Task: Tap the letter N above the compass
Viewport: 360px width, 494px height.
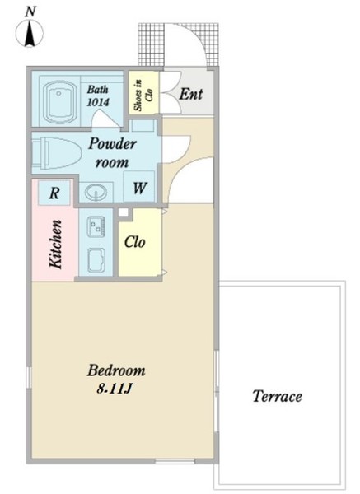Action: (x=30, y=12)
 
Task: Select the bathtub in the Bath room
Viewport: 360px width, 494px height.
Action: (x=60, y=102)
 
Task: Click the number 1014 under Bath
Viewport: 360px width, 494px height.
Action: (x=98, y=102)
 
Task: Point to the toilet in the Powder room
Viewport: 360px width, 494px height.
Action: (x=56, y=152)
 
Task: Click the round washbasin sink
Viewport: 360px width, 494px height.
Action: (x=96, y=192)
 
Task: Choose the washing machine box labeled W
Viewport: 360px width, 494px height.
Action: (x=139, y=187)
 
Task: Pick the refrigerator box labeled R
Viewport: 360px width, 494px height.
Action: (x=54, y=193)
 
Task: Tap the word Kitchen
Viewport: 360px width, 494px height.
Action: (x=55, y=245)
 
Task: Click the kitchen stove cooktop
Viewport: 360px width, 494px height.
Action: (x=96, y=226)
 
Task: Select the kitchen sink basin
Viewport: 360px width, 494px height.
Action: (x=96, y=260)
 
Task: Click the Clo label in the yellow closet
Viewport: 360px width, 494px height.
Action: (x=135, y=242)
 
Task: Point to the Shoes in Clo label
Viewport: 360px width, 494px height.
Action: (x=143, y=95)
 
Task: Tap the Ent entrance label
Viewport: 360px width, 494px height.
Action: (x=191, y=94)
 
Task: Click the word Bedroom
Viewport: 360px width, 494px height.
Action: (x=116, y=370)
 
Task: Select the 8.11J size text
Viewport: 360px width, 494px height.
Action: (x=114, y=389)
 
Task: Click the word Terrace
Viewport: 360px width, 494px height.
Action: (x=277, y=396)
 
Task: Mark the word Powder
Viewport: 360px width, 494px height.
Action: (x=113, y=143)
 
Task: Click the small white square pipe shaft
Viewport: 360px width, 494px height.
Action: (x=124, y=212)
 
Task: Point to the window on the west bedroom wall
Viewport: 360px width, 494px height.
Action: (x=29, y=377)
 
